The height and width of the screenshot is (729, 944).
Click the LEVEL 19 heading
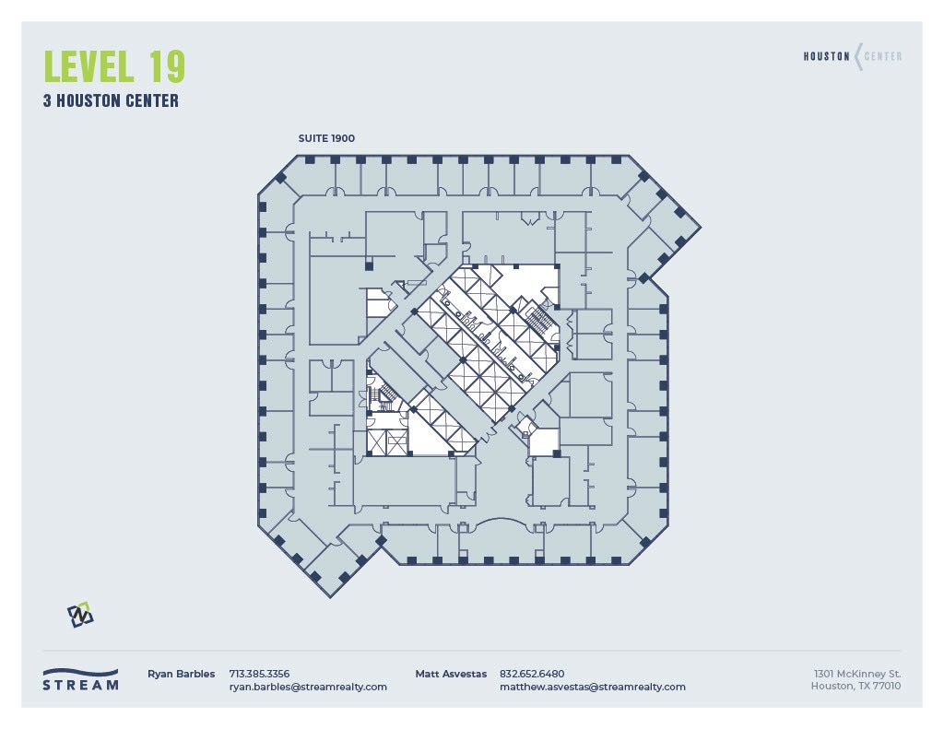pyautogui.click(x=114, y=66)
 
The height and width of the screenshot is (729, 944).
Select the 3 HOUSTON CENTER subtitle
pyautogui.click(x=111, y=101)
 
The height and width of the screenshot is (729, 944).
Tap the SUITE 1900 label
pyautogui.click(x=326, y=138)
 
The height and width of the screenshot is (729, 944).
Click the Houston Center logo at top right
pyautogui.click(x=852, y=56)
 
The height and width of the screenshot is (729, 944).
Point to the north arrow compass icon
pyautogui.click(x=80, y=615)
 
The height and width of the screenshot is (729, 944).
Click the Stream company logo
pyautogui.click(x=80, y=679)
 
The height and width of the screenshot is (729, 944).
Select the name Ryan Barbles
pyautogui.click(x=181, y=674)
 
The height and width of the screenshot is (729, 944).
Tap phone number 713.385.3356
pyautogui.click(x=259, y=674)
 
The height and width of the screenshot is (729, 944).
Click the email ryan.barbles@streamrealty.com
pyautogui.click(x=308, y=687)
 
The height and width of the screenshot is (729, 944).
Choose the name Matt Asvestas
pyautogui.click(x=451, y=674)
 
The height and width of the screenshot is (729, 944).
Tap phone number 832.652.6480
pyautogui.click(x=531, y=674)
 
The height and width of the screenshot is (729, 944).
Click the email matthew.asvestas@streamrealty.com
pyautogui.click(x=592, y=687)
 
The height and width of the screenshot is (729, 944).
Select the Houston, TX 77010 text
pyautogui.click(x=855, y=686)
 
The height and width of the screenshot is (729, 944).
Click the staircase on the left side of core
pyautogui.click(x=384, y=396)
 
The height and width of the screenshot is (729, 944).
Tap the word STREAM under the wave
pyautogui.click(x=80, y=685)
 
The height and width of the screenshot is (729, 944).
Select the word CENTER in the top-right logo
pyautogui.click(x=883, y=56)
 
